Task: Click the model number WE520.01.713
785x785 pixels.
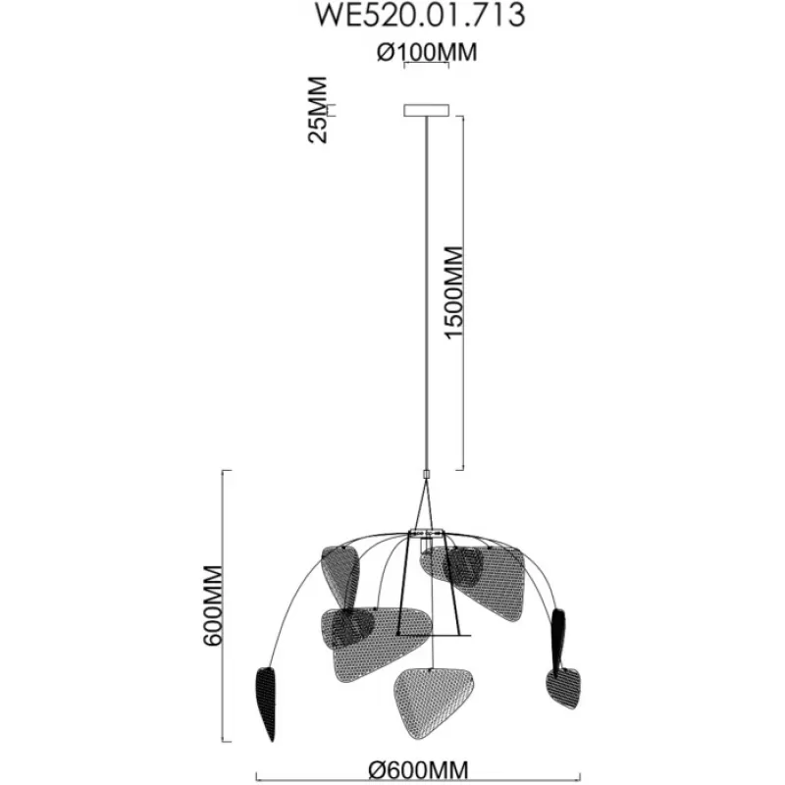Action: point(420,15)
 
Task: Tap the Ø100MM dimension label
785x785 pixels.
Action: point(427,52)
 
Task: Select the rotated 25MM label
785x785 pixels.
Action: point(317,110)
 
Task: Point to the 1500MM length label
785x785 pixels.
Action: point(454,292)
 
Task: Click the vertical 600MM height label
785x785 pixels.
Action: point(213,605)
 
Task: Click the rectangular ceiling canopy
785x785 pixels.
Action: point(427,110)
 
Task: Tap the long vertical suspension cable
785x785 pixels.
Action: point(427,293)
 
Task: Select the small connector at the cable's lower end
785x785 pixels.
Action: point(427,474)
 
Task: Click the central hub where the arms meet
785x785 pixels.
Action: point(427,532)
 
